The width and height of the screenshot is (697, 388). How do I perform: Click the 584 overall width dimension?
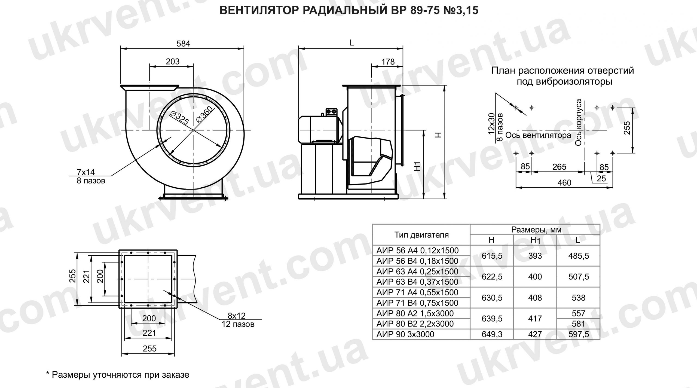point(183,44)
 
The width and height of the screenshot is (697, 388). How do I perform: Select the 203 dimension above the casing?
point(173,62)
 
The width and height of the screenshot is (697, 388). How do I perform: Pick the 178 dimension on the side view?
point(388,62)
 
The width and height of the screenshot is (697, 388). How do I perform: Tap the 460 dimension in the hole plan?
point(564,183)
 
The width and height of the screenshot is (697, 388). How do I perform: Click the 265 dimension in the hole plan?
point(559,167)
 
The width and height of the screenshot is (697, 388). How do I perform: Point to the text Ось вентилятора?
point(538,135)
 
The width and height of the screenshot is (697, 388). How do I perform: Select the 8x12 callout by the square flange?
point(236,316)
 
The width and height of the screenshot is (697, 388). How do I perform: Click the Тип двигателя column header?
point(421,235)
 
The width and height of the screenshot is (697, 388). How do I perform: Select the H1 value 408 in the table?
point(535,298)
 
